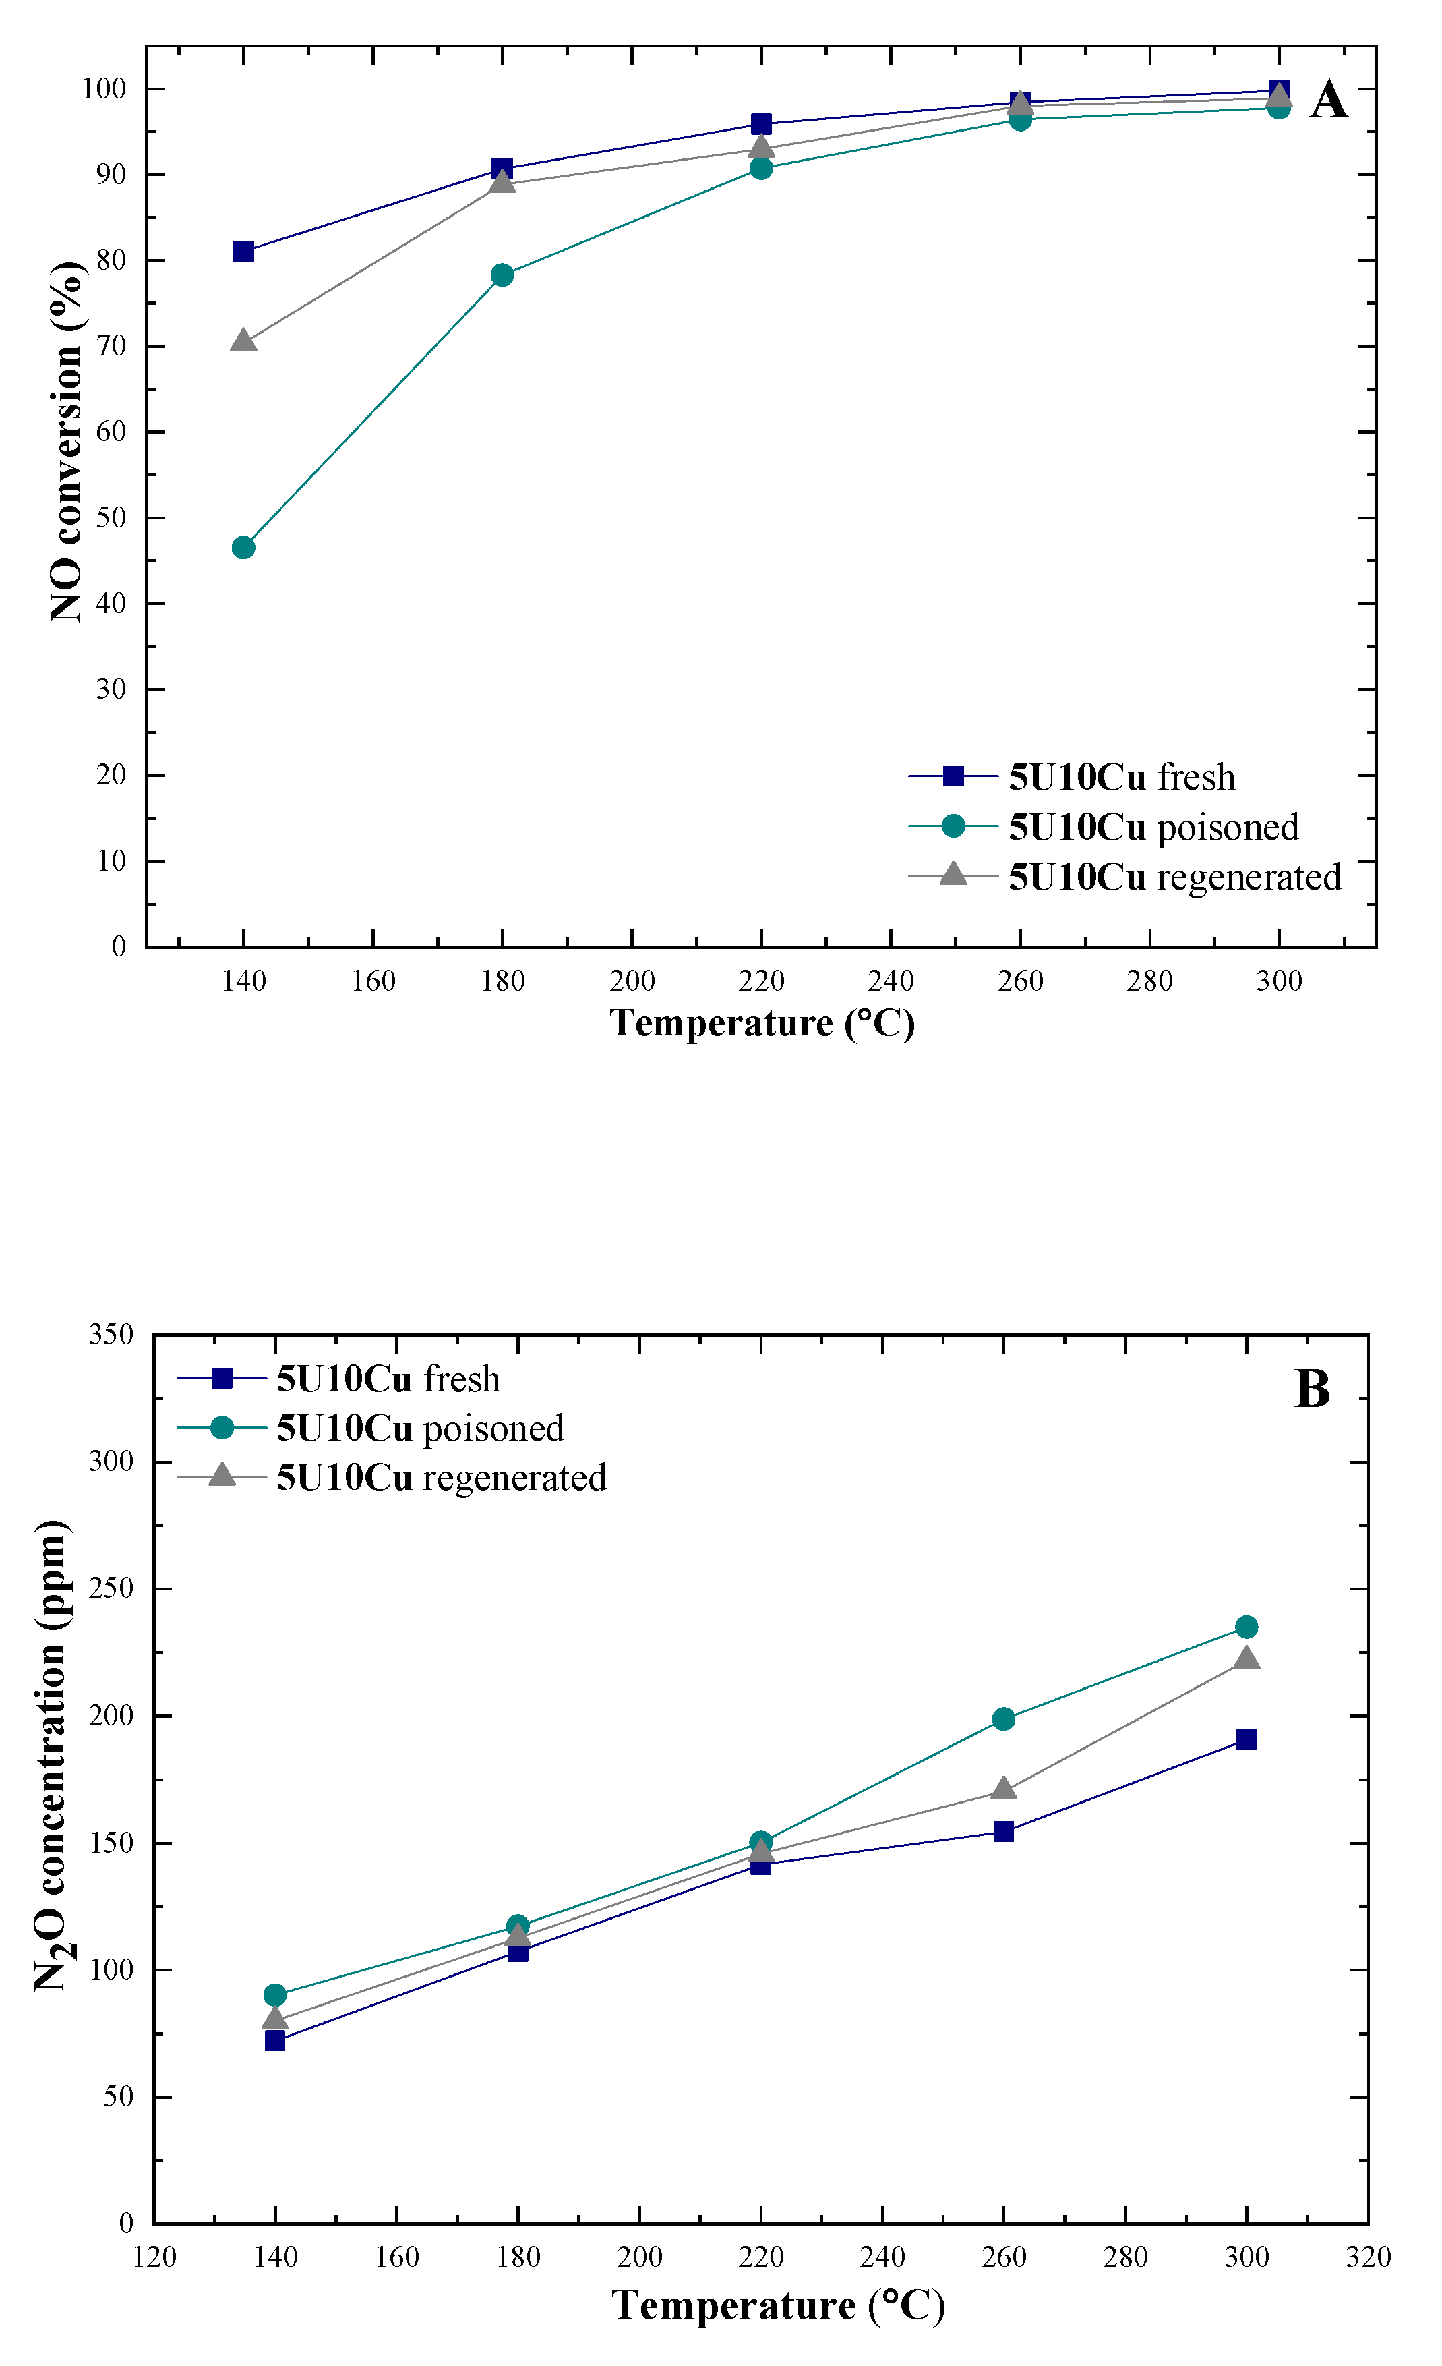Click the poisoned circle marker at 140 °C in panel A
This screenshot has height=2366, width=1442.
tap(244, 548)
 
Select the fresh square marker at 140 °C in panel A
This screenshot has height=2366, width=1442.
tap(244, 252)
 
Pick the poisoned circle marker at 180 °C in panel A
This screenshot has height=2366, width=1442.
tap(502, 276)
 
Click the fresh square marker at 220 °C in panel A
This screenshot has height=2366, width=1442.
tap(761, 124)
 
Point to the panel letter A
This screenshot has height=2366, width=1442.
tap(1329, 100)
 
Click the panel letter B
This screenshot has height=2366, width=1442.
tap(1313, 1389)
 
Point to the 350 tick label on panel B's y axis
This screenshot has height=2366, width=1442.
tap(111, 1335)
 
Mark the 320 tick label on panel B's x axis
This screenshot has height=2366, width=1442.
tap(1368, 2257)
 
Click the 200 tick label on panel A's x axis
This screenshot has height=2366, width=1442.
tap(632, 981)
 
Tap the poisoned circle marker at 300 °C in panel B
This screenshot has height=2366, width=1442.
tap(1246, 1627)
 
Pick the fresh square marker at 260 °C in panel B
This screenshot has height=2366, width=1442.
tap(1003, 1831)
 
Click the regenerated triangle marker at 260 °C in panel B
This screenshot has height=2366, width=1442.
tap(1003, 1789)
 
